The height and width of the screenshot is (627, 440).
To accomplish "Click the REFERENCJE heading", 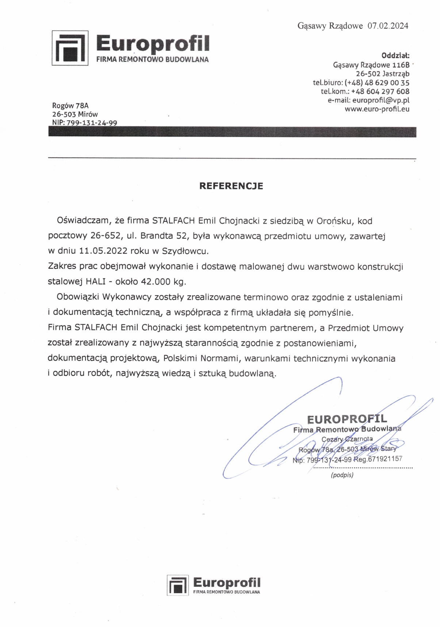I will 231,186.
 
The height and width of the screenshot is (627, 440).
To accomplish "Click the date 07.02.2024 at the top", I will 388,26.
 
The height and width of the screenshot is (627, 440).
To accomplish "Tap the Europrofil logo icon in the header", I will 70,48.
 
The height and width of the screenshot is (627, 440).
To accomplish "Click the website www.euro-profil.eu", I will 377,109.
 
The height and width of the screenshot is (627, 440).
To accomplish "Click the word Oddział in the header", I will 395,56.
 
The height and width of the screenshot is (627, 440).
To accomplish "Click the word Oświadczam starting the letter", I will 83,221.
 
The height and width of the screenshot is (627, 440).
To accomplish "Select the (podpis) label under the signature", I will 342,475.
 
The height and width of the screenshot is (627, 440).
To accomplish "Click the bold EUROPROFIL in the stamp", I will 347,419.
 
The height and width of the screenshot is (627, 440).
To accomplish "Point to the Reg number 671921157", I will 385,459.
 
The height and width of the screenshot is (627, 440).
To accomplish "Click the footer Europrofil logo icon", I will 178,585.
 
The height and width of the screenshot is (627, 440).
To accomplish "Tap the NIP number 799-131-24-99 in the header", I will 92,123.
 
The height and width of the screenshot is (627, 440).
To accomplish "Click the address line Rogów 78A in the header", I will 70,106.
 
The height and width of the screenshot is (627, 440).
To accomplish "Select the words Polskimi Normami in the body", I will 201,358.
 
